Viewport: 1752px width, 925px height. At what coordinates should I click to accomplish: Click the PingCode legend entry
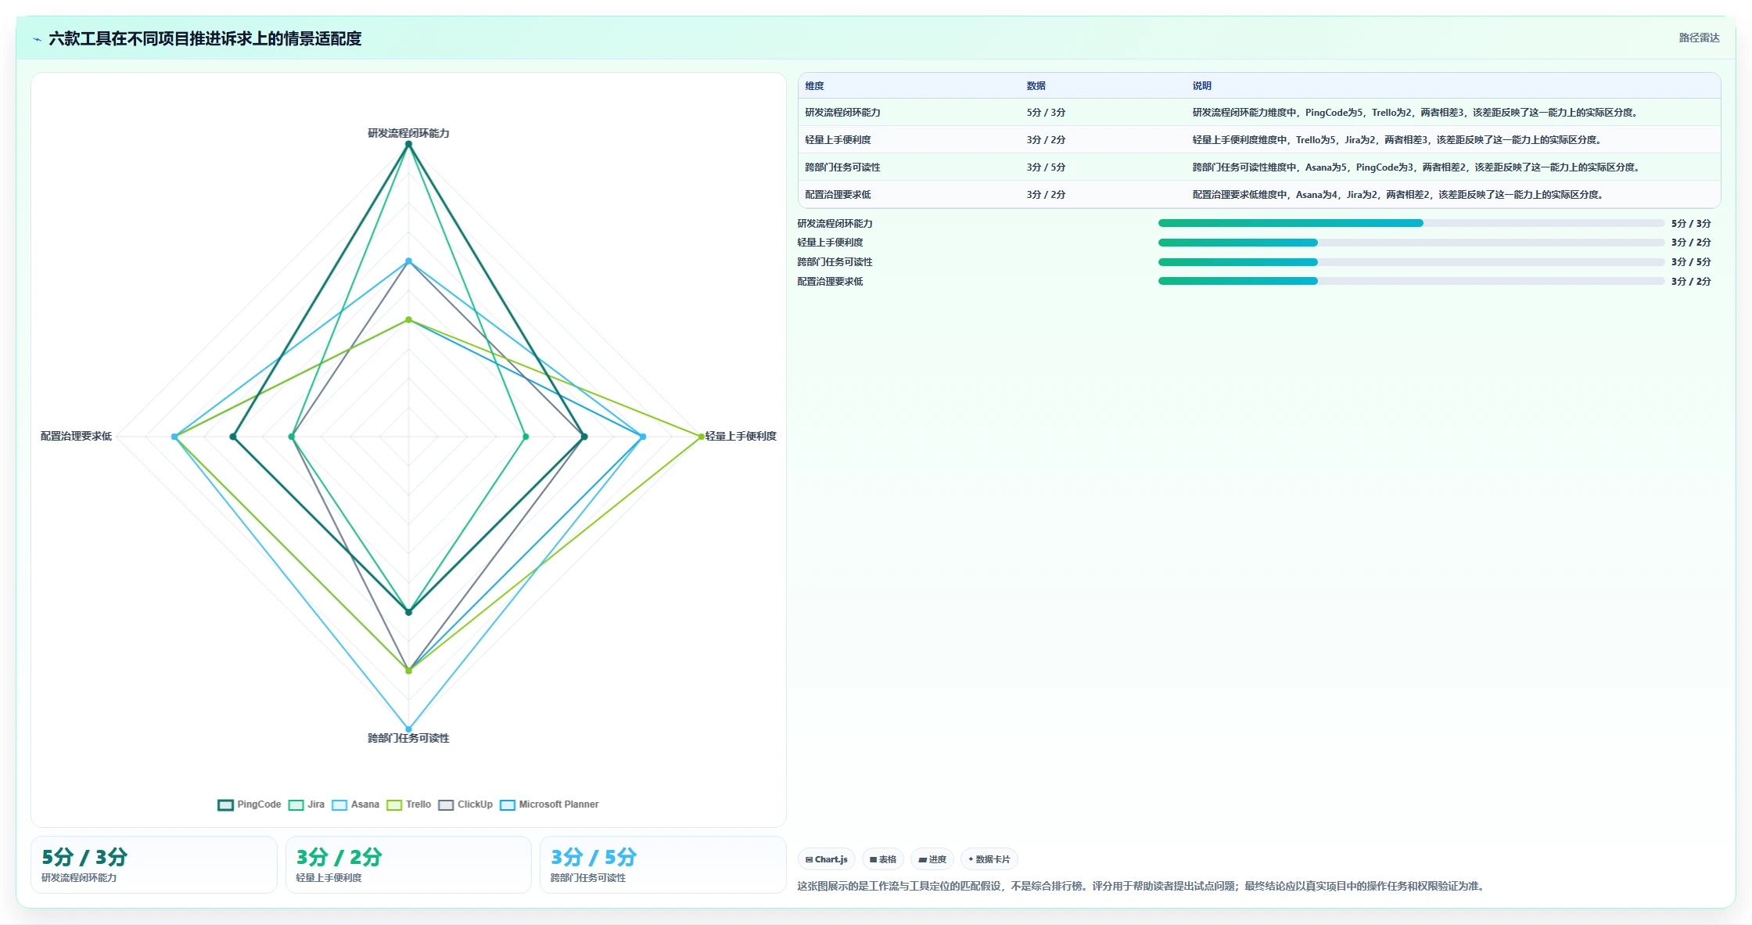tap(250, 804)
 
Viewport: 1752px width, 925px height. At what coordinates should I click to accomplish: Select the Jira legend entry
tap(307, 804)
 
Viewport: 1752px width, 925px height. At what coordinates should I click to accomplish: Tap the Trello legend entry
tap(409, 804)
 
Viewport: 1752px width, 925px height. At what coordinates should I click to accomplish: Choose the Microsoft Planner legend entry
tap(549, 804)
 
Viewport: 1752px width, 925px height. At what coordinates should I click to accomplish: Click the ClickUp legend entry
tap(465, 804)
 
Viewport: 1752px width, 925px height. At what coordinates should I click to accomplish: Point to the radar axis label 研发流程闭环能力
tap(408, 133)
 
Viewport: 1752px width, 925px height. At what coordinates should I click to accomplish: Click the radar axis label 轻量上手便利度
tap(741, 436)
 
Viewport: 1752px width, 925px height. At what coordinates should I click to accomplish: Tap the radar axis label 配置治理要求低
tap(76, 436)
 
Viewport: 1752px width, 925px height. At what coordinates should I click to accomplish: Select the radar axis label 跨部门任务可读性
tap(408, 738)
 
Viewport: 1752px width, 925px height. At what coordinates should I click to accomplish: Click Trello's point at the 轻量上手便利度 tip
tap(701, 437)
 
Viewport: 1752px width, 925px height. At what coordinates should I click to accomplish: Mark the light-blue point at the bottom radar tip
tap(408, 729)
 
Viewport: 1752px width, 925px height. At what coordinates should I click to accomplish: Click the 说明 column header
tap(1201, 86)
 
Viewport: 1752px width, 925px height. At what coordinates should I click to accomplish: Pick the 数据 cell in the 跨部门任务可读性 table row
tap(1046, 167)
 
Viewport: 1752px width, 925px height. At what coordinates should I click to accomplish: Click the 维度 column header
tap(814, 86)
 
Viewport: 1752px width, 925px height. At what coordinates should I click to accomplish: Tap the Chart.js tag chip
tap(827, 859)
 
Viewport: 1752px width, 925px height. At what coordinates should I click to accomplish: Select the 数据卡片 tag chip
tap(989, 859)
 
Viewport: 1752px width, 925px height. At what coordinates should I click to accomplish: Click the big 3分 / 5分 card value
tap(594, 857)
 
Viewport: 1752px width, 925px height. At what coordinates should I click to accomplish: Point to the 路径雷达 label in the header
tap(1699, 38)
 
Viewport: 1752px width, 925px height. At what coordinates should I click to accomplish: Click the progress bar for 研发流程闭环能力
tap(1411, 223)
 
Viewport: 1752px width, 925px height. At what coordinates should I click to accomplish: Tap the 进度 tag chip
tap(932, 859)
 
